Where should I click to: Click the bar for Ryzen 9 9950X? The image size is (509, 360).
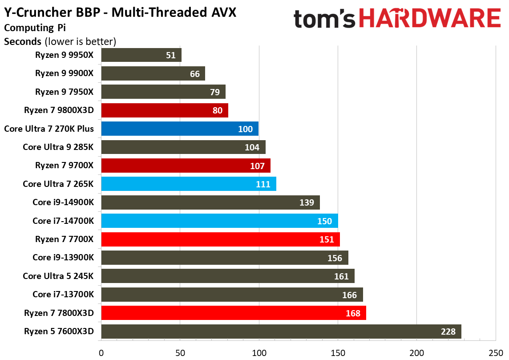141,55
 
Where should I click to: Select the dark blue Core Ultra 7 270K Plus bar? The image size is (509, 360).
180,129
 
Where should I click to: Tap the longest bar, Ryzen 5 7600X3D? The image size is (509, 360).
281,332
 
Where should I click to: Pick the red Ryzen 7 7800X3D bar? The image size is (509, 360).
234,313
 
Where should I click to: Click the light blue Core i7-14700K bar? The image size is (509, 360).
219,221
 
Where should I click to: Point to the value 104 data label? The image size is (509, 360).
252,147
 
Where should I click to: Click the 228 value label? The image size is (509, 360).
448,332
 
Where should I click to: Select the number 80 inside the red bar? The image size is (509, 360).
218,110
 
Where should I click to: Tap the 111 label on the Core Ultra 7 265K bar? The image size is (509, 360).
263,184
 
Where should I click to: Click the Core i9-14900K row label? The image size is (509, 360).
63,202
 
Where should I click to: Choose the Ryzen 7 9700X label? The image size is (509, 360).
65,166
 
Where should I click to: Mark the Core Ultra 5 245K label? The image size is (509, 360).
58,276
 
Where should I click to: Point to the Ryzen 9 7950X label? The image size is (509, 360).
65,92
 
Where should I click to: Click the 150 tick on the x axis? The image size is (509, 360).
338,353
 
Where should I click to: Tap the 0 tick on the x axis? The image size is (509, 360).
101,353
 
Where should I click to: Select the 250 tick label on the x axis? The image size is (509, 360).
495,353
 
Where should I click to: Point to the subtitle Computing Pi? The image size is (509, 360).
35,28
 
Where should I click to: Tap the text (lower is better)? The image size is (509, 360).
81,42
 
